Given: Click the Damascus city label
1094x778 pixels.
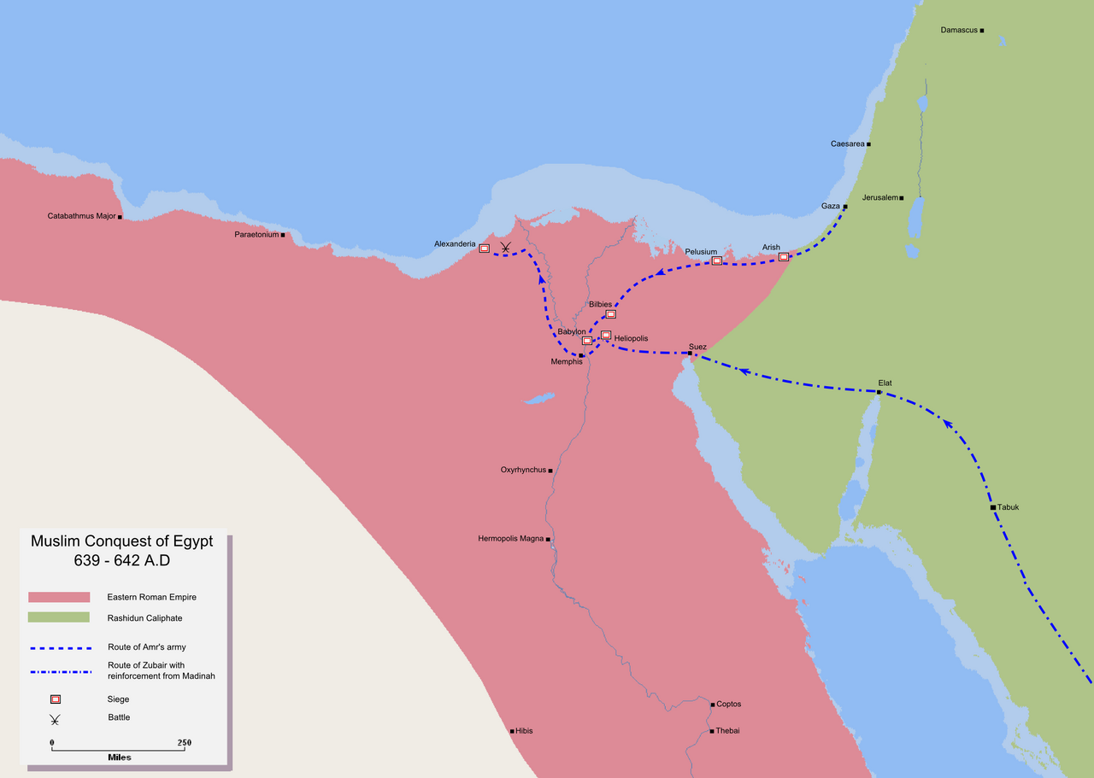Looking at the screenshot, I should tap(958, 30).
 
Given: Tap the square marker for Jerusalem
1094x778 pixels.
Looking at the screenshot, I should tap(902, 198).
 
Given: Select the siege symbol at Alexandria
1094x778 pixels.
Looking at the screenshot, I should tap(484, 249).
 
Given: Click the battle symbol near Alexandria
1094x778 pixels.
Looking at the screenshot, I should tap(506, 249).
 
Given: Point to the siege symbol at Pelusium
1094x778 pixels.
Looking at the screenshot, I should tap(717, 260).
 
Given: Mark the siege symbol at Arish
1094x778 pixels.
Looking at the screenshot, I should tap(783, 257).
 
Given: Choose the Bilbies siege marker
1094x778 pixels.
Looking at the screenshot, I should tap(610, 314).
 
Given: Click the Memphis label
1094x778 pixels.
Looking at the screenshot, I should tap(566, 362).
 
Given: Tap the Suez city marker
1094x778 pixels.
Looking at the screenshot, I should tap(690, 353).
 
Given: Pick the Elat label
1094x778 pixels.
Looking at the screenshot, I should tap(885, 383).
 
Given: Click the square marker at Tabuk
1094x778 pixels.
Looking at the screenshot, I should tap(992, 507).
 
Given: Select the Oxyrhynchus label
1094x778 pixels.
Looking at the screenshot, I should tap(523, 470).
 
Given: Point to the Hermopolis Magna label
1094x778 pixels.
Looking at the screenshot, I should tap(510, 539).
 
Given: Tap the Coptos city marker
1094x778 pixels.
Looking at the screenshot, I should tap(712, 705).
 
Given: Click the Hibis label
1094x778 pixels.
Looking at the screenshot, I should tap(524, 731).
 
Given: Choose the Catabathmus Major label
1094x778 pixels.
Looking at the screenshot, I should tap(81, 216).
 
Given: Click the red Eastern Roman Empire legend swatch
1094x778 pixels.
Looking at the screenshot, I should tap(59, 597).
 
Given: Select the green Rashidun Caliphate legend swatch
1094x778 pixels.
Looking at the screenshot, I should tap(59, 617).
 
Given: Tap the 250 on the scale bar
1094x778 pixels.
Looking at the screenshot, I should tap(184, 742).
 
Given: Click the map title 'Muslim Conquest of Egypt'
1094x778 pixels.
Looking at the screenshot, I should tap(122, 541).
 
